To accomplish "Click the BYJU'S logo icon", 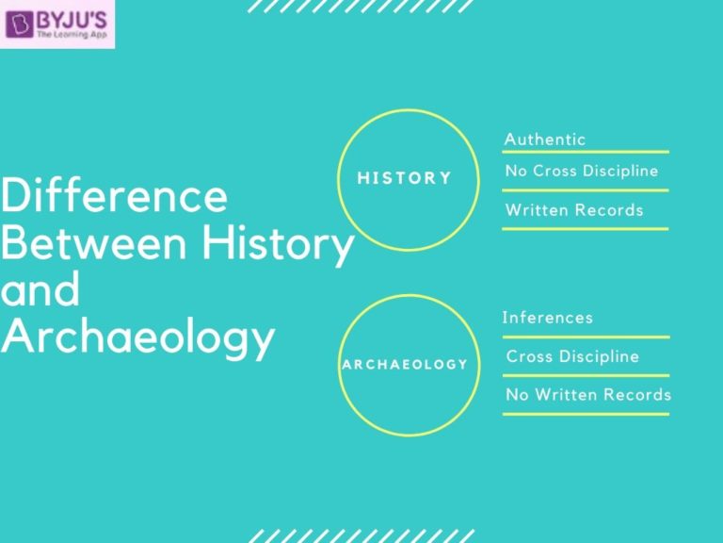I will (x=18, y=23).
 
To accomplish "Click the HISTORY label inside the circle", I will (x=405, y=177).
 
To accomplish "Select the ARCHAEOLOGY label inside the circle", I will (x=405, y=364).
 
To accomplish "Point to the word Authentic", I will (x=545, y=140).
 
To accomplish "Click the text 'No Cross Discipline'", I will (x=582, y=172).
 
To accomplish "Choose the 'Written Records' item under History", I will (x=574, y=209).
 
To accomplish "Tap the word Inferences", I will (x=548, y=318).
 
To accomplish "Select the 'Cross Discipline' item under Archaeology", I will (x=572, y=356).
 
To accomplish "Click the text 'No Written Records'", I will (x=588, y=395).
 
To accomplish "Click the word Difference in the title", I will (x=114, y=196).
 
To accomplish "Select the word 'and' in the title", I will (x=40, y=289).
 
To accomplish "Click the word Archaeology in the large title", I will (x=137, y=337).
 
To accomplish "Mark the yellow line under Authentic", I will (x=586, y=152).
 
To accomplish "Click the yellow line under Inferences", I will (x=586, y=337).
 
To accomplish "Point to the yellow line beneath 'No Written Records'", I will (x=586, y=414).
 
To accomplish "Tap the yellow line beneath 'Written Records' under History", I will (x=586, y=228).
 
